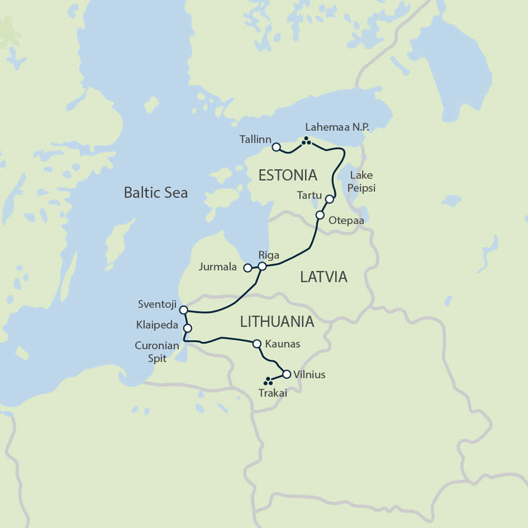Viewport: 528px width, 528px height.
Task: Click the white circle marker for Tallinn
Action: [x=276, y=147]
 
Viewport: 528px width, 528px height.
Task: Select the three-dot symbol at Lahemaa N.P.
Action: [x=306, y=140]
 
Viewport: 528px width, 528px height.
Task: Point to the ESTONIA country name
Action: [x=288, y=175]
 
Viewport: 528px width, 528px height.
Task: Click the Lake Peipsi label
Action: [x=362, y=182]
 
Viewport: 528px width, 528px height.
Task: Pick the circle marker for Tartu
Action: [x=329, y=199]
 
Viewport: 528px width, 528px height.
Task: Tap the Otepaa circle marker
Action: [x=320, y=215]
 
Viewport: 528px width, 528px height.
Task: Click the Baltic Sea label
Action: [x=155, y=192]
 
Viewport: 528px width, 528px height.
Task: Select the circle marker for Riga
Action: [x=262, y=266]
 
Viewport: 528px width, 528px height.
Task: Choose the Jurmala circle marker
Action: [x=248, y=268]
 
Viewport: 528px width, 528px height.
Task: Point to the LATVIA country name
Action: [x=324, y=277]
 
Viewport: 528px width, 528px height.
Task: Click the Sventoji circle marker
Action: [x=183, y=310]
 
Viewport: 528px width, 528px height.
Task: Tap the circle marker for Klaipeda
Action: [x=188, y=329]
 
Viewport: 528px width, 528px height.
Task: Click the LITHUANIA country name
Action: [x=277, y=321]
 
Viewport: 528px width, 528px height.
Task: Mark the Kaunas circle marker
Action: [x=256, y=344]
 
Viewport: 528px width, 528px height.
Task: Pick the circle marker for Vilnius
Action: [x=286, y=374]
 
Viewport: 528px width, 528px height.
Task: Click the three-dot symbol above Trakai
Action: [x=268, y=381]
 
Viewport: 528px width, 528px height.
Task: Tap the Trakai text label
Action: [x=273, y=394]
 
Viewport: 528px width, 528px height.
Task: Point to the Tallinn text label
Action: [x=255, y=140]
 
